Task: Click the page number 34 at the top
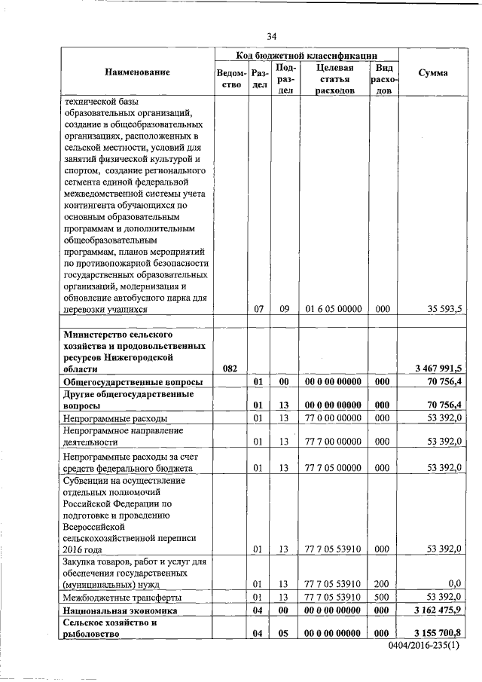[x=272, y=36]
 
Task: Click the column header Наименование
[x=138, y=72]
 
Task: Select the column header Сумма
[x=435, y=73]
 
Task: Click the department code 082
[x=231, y=368]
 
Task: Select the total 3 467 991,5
[x=438, y=368]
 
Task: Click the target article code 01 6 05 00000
[x=334, y=309]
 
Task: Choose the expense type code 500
[x=383, y=597]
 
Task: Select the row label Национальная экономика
[x=120, y=610]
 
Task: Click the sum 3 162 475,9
[x=438, y=610]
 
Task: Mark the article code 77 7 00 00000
[x=334, y=441]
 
